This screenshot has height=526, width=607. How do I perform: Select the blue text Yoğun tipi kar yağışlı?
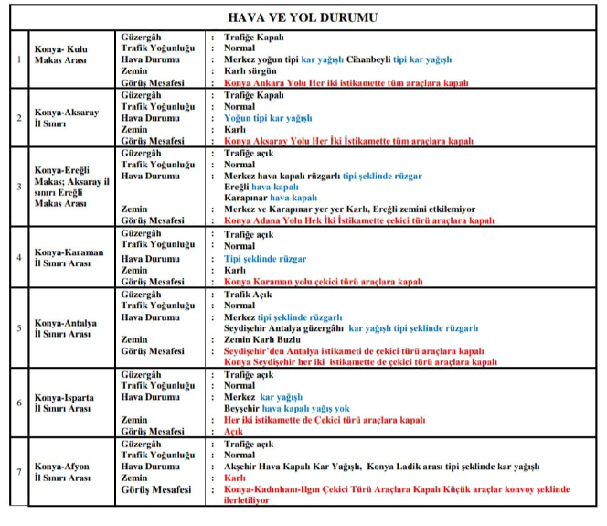pos(268,118)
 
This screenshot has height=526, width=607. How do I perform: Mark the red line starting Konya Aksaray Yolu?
pos(348,142)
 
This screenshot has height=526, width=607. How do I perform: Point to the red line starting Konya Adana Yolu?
pos(359,222)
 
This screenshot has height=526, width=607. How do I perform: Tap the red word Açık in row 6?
pos(235,432)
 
